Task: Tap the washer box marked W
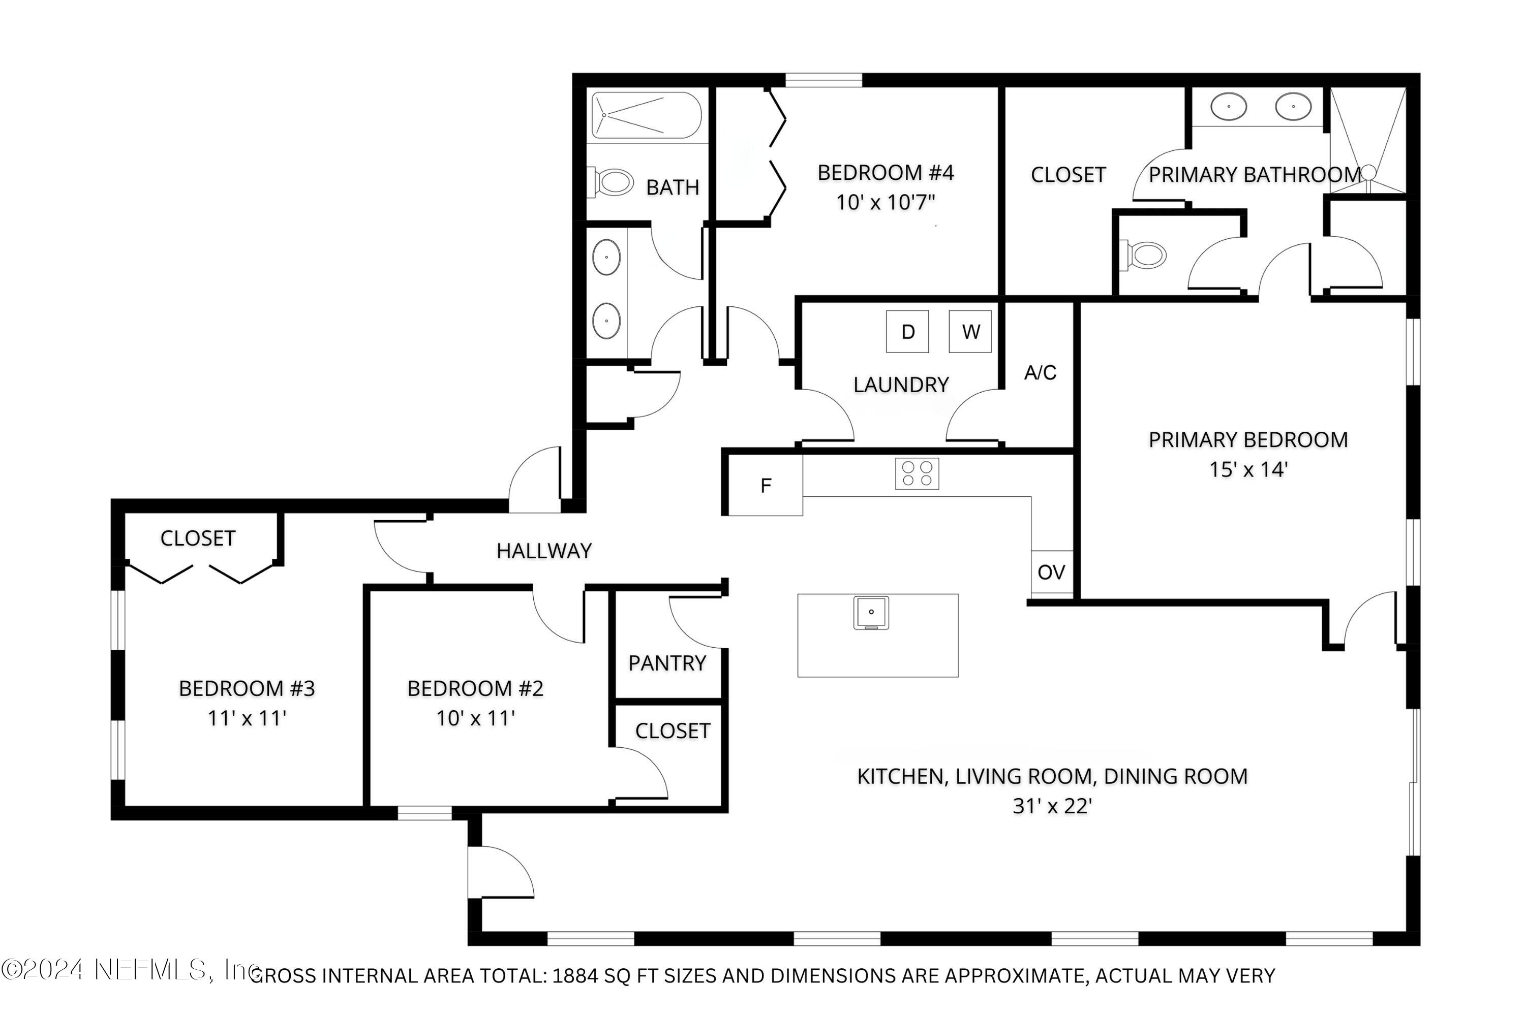point(970,332)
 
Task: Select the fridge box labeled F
point(766,485)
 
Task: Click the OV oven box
point(1051,572)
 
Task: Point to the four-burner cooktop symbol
point(918,473)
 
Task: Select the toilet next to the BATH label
point(613,182)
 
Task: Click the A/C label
point(1040,372)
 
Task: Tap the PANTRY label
point(667,663)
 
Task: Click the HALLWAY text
point(544,551)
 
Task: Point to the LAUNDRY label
point(901,385)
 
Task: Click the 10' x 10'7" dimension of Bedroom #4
point(885,202)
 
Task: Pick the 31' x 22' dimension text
point(1052,806)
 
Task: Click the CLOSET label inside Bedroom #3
point(198,538)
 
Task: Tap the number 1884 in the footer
point(575,976)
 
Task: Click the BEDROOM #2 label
point(475,688)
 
